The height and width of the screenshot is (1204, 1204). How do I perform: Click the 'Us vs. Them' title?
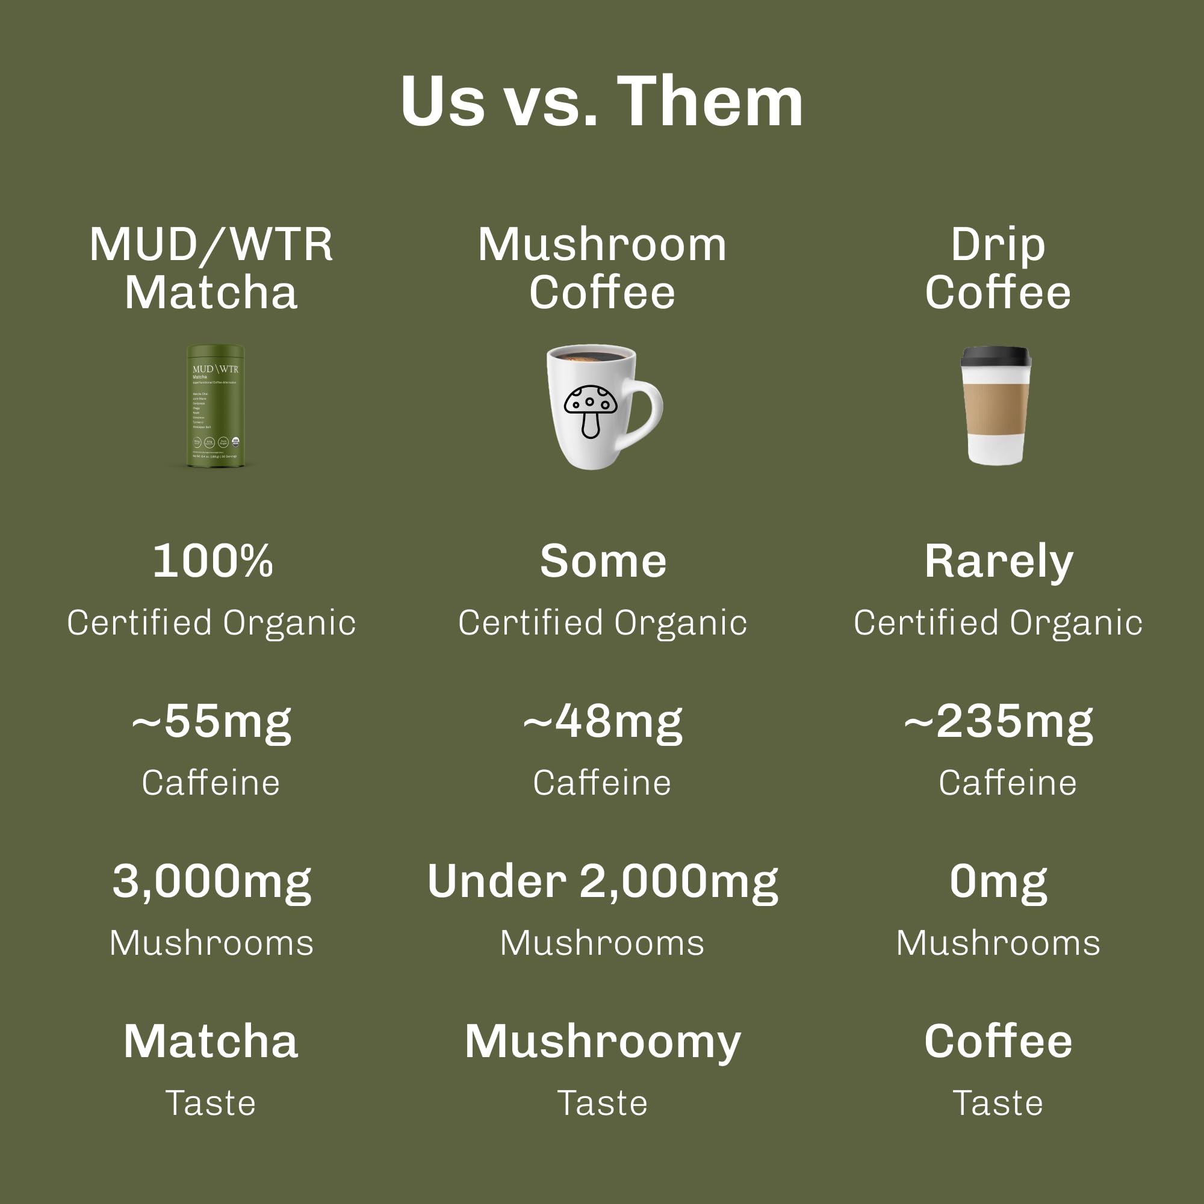601,102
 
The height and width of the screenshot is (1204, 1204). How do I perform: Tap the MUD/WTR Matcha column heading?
211,268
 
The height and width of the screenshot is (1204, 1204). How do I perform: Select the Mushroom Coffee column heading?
602,268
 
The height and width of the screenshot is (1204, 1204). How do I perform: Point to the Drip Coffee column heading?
998,268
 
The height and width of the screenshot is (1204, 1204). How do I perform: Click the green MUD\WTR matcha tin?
216,406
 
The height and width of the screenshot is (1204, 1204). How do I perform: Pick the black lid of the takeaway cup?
996,357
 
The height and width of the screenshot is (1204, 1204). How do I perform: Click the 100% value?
213,562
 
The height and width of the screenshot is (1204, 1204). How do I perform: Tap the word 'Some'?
603,562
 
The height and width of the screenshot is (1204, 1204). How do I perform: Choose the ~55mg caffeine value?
211,722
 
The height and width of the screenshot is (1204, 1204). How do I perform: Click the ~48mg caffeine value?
603,722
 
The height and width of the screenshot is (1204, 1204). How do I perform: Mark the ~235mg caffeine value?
998,722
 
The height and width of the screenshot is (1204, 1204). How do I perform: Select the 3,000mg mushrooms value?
211,882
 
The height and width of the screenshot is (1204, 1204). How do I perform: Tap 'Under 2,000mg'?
603,882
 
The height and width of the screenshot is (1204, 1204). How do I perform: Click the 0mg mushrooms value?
998,882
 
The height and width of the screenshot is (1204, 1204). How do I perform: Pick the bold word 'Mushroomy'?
603,1043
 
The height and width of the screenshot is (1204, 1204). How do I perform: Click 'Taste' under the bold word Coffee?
998,1103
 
